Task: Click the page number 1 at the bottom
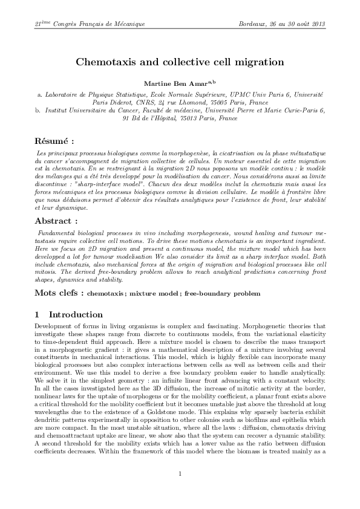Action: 180,490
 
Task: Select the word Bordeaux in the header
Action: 254,24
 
